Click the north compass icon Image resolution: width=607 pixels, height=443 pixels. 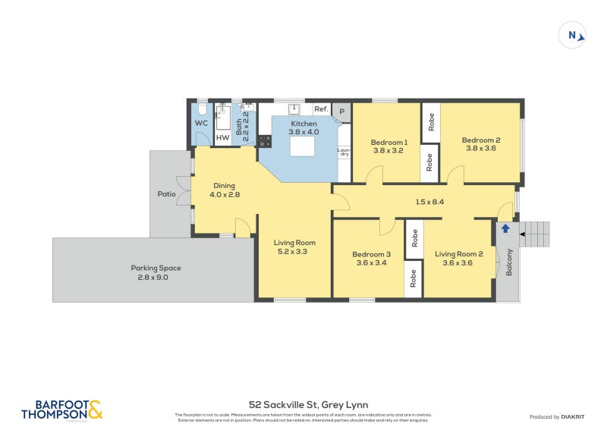[x=573, y=35]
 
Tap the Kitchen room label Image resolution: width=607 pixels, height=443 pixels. [x=303, y=127]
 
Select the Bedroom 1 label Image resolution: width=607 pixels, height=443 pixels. [x=389, y=146]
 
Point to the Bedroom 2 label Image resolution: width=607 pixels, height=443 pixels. [x=481, y=143]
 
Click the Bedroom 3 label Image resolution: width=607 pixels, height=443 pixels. [x=371, y=259]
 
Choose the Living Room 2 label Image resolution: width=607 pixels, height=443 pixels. [x=458, y=259]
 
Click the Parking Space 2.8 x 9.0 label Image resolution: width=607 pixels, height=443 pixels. [x=156, y=272]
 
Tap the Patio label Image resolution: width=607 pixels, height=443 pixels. [x=166, y=194]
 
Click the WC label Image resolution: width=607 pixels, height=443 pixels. [x=201, y=123]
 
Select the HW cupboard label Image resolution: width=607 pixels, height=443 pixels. [x=222, y=138]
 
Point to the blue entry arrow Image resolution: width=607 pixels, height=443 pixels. [x=505, y=228]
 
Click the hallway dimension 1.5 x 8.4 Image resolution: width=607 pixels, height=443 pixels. [x=429, y=202]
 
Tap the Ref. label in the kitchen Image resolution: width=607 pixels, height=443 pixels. [x=320, y=109]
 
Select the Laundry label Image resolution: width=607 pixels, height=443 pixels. [x=344, y=154]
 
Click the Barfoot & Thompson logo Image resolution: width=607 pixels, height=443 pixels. [x=61, y=410]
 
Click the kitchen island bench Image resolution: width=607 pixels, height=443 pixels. [x=304, y=143]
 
